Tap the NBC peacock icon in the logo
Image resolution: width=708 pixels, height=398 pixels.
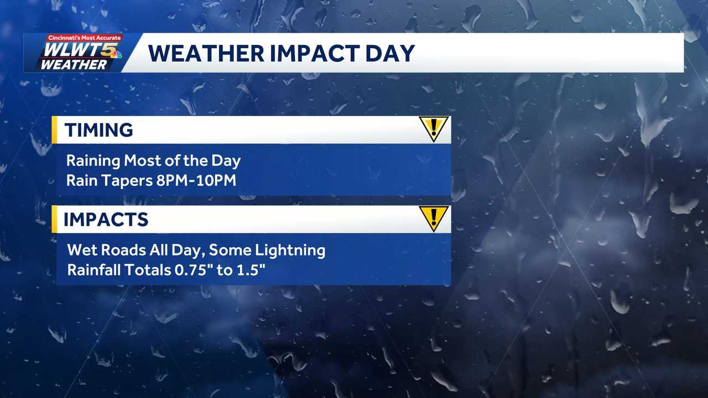[115, 54]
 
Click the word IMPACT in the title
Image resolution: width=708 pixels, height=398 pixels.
[298, 53]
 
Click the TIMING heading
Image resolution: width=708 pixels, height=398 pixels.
[98, 130]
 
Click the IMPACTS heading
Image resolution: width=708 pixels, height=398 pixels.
[106, 219]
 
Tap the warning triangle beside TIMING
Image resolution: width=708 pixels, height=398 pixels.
[434, 129]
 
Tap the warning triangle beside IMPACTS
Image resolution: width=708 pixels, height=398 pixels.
[434, 218]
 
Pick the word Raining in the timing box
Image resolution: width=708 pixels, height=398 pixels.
[93, 161]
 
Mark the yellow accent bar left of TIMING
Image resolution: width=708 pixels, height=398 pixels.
[54, 130]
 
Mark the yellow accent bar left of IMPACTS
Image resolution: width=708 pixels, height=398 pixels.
[54, 219]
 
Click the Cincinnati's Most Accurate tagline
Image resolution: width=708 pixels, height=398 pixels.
[84, 38]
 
